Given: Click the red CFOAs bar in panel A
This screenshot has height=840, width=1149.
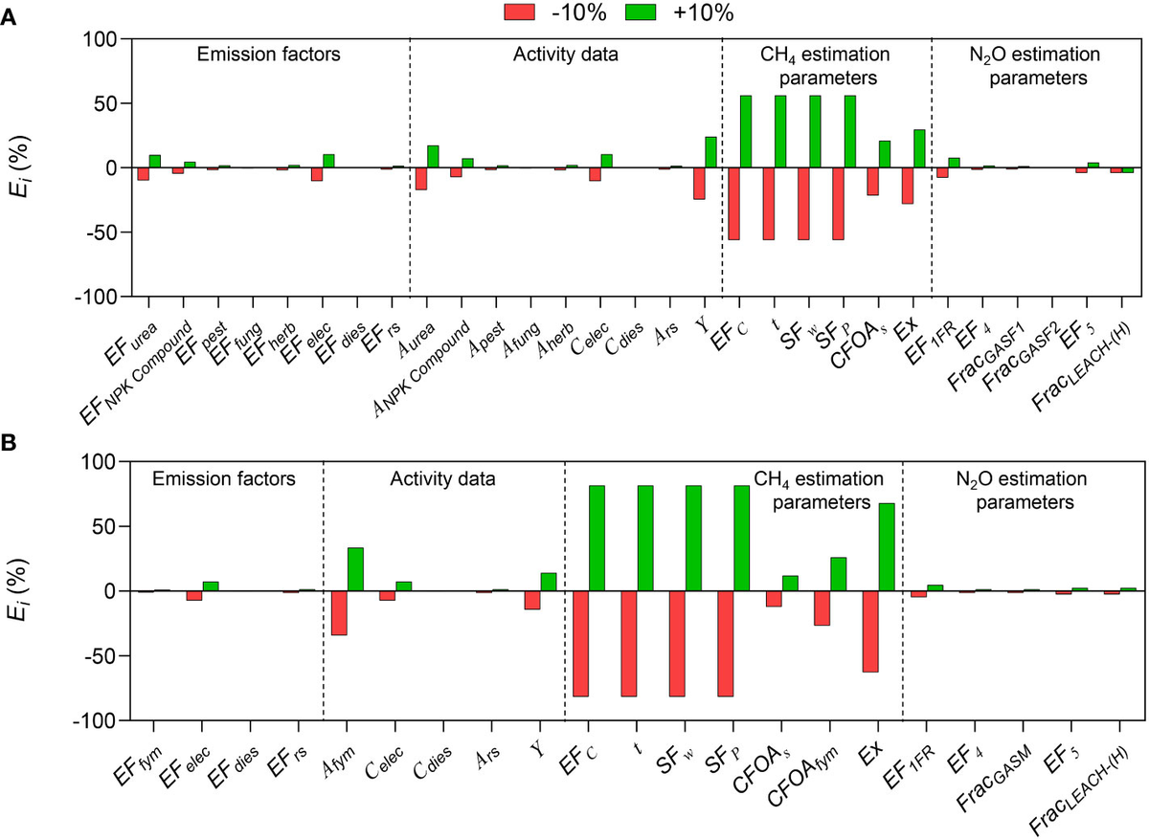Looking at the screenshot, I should tap(872, 182).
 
